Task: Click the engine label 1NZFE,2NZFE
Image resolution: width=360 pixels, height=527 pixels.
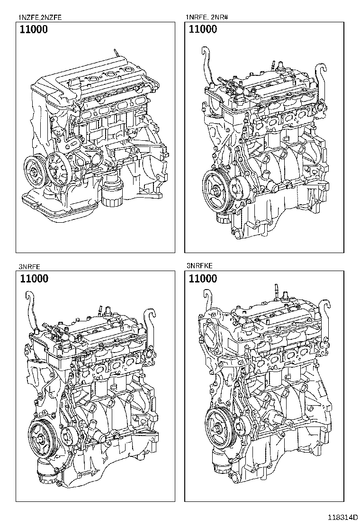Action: [x=40, y=18]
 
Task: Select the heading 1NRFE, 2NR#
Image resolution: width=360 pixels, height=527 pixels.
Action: [x=207, y=18]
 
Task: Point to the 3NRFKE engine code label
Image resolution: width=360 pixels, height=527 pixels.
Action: [x=201, y=267]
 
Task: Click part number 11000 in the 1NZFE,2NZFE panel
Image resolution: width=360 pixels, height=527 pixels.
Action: [x=34, y=29]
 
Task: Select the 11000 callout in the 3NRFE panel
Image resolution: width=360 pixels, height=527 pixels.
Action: [x=34, y=279]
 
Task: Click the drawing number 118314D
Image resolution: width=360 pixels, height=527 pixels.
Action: [x=338, y=518]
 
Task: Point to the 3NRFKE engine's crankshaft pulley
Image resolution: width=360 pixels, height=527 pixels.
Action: [x=221, y=423]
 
